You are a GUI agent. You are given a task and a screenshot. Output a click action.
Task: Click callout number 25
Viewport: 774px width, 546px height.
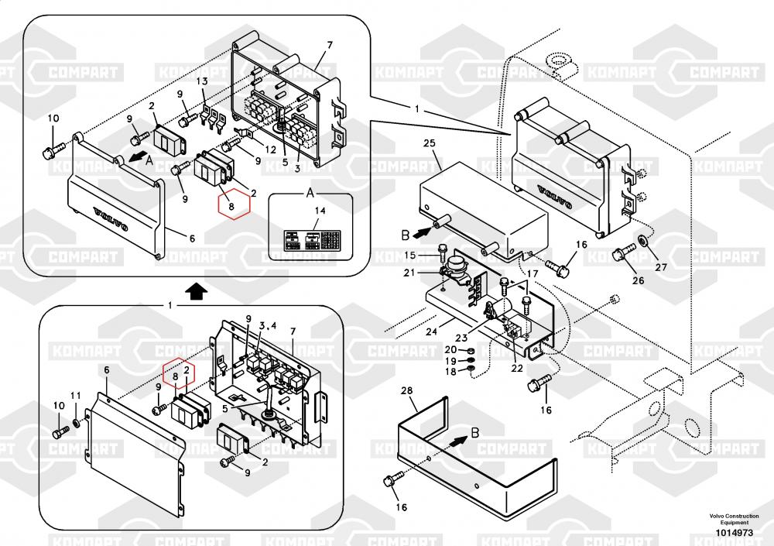tap(431, 144)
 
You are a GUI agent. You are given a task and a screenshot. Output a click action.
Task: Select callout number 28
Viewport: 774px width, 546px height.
tap(406, 393)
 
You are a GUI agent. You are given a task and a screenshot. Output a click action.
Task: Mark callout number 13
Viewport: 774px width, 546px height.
tap(201, 81)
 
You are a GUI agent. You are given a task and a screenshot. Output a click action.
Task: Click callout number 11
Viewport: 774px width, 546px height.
tap(75, 396)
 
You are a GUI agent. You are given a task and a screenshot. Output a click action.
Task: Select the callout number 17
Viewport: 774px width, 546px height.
tap(532, 273)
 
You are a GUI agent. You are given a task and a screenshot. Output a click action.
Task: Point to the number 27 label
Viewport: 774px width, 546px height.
tap(660, 267)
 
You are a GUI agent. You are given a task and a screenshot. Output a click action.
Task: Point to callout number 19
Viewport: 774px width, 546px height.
tap(450, 361)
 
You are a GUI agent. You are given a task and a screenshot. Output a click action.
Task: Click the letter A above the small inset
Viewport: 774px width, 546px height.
tap(310, 191)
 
